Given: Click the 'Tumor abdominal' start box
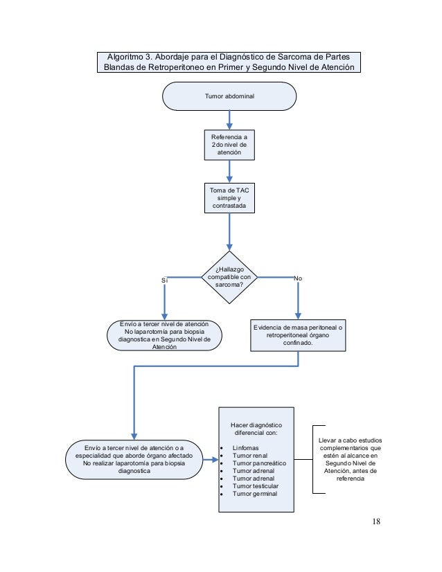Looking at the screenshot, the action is [x=229, y=96].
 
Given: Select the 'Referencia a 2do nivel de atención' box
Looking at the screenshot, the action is [x=229, y=145].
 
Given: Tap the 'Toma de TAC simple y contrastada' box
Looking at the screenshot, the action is [x=229, y=198].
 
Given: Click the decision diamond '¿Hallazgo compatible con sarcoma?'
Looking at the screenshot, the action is [x=229, y=277].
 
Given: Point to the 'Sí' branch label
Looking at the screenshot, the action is [x=165, y=280].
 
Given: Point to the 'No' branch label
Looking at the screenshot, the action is [x=298, y=278].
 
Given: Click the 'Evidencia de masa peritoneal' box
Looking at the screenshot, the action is [x=298, y=336].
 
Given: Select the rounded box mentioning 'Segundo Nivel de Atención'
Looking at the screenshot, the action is [x=164, y=336].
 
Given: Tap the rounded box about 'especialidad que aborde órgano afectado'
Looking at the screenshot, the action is [x=134, y=460].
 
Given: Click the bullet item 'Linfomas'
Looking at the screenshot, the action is [x=246, y=448].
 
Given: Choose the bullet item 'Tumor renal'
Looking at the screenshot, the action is [x=250, y=456].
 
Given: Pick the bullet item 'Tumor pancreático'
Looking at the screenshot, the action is [x=259, y=463].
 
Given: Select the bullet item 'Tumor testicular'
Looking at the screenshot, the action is [x=256, y=486].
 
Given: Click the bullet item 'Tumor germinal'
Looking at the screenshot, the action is [x=255, y=494].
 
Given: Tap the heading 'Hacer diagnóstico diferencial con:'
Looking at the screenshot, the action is [x=256, y=429].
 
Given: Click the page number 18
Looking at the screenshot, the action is [x=376, y=521].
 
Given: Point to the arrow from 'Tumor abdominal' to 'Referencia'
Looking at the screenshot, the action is [x=229, y=120].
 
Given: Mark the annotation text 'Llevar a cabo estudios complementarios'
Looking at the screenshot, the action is [x=351, y=444].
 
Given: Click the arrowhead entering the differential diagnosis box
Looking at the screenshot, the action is [x=215, y=460].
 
